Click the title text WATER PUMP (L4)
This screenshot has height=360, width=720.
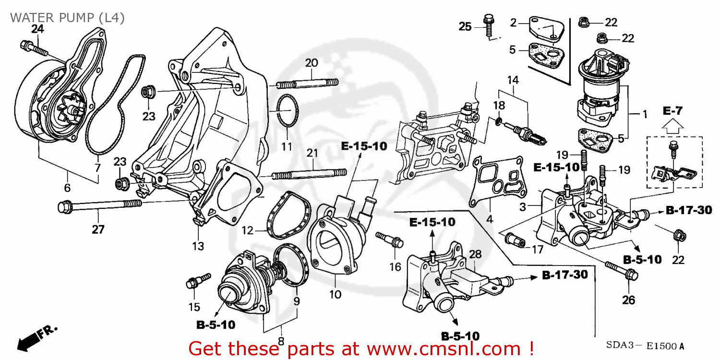[67, 18]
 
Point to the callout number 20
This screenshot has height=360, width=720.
[312, 63]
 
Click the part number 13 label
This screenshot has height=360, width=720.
[198, 246]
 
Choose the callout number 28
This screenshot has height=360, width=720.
[475, 254]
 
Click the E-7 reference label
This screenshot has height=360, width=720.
[672, 111]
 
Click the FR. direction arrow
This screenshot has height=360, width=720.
[34, 338]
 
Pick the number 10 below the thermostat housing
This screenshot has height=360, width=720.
[336, 294]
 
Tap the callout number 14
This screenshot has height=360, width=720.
[513, 81]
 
